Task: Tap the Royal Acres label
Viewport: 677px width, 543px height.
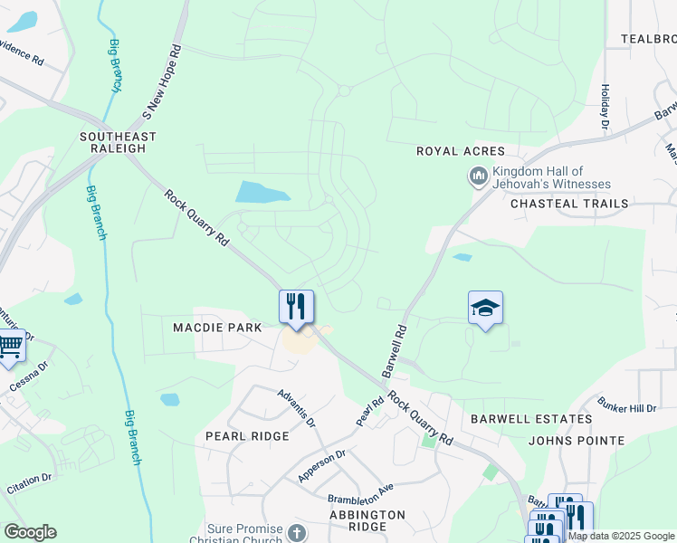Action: [460, 151]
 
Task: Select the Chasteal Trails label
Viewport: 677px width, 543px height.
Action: [569, 204]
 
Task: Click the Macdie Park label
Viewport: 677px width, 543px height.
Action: [217, 327]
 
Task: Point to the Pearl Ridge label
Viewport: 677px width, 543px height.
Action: [247, 435]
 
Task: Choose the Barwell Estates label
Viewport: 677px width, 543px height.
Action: [531, 419]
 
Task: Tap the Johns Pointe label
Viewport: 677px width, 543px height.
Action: [577, 441]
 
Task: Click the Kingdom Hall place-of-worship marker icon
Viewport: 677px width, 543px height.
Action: [478, 176]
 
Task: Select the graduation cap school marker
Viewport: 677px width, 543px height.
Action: [485, 308]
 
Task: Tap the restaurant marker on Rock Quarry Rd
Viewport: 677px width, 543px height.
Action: [296, 306]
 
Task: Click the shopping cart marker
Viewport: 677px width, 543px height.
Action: [10, 346]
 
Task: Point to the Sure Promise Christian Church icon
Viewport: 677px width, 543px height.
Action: [297, 533]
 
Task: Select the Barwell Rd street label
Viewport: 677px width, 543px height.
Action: [396, 352]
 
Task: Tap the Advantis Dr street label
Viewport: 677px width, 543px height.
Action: [297, 409]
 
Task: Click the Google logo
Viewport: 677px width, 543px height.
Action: [30, 532]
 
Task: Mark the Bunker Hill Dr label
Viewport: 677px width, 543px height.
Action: [627, 403]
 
